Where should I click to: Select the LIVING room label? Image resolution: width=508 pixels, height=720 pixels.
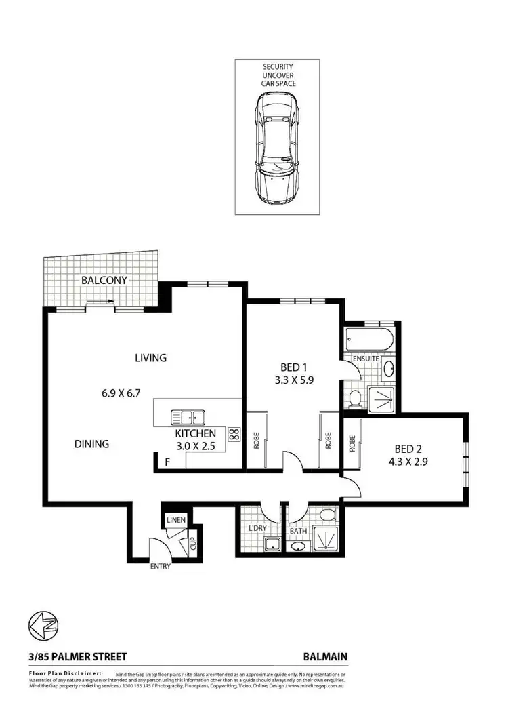pos(150,358)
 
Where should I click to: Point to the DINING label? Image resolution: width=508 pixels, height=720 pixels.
pos(92,445)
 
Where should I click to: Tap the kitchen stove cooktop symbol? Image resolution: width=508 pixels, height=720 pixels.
pos(234,435)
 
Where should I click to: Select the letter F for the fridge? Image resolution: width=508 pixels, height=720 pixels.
pos(167,463)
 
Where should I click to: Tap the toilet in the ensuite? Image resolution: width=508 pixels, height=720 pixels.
pos(354,397)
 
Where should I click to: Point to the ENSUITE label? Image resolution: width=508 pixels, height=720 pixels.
pos(365,358)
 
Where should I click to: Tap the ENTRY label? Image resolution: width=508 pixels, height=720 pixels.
pos(161,567)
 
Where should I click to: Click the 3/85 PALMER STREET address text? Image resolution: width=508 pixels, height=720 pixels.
pos(68,656)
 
